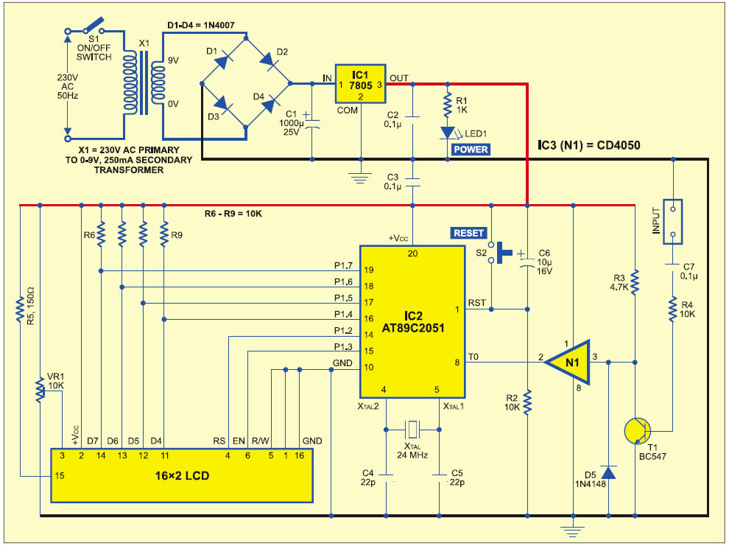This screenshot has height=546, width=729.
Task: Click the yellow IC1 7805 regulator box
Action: pos(361,84)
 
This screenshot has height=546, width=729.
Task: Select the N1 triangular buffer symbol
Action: pos(568,363)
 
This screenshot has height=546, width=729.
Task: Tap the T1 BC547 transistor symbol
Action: pos(638,430)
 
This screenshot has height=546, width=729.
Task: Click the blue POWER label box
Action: pos(471,150)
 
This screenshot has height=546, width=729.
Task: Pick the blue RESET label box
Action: pos(468,233)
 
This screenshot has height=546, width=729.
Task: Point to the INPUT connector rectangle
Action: pos(673,223)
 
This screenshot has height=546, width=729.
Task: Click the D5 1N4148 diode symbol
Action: pos(608,472)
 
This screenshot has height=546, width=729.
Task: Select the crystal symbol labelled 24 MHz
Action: pos(412,430)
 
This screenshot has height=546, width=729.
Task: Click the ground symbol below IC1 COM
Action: pos(361,178)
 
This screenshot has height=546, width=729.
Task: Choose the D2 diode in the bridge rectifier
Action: pos(269,60)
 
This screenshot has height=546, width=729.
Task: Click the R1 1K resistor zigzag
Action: pos(447,105)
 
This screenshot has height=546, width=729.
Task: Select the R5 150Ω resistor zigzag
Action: pos(20,309)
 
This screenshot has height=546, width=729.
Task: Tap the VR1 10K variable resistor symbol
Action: pos(41,390)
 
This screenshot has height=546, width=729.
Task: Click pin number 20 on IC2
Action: pos(412,253)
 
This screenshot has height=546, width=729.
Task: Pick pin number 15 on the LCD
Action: pos(60,476)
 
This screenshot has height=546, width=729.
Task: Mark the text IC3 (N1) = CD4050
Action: pos(589,145)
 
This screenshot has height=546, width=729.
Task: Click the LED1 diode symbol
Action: pos(447,133)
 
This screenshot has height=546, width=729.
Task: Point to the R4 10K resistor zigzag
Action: pos(673,309)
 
